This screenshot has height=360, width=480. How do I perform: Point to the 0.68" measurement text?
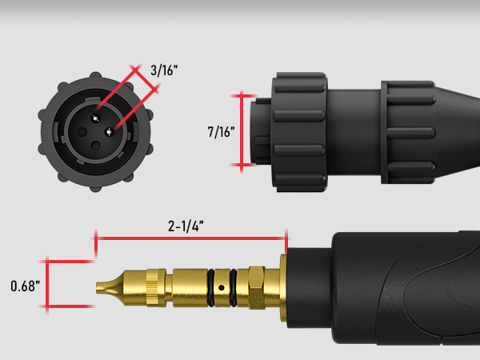tap(24, 285)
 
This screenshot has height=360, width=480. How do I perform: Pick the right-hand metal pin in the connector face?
tap(110, 133)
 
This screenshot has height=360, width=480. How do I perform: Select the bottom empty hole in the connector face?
tap(97, 146)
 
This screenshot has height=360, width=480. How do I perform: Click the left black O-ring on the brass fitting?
tap(211, 285)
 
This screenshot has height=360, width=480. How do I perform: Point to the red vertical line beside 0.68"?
tap(47, 284)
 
